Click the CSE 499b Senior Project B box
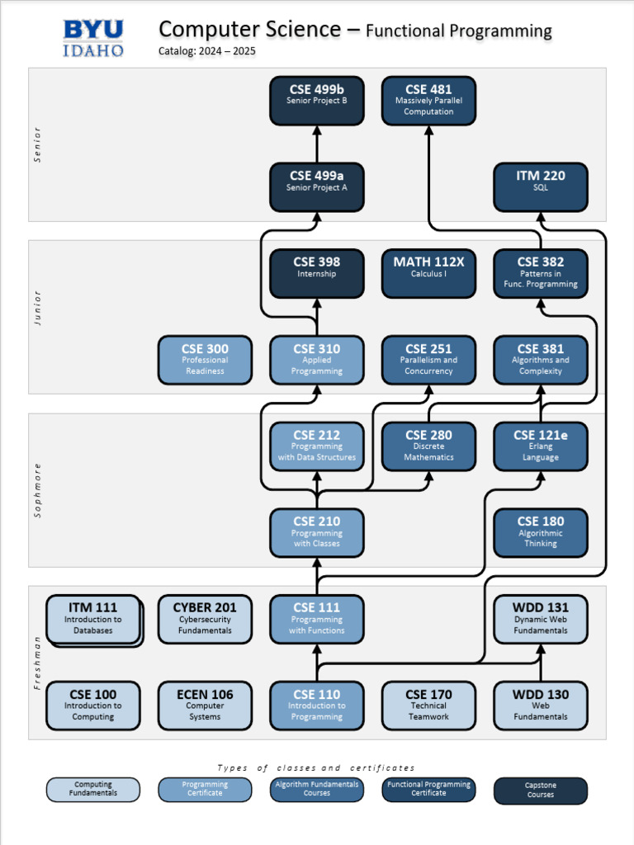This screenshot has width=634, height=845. click(317, 101)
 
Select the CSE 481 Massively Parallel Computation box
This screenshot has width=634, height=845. click(428, 101)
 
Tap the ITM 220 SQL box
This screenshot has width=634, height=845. click(541, 186)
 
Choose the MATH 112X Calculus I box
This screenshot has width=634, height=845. click(428, 273)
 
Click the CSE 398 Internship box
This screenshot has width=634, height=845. click(317, 273)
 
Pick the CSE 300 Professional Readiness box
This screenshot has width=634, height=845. click(205, 360)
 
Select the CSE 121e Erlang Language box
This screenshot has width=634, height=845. click(541, 446)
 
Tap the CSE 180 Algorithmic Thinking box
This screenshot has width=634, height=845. click(541, 532)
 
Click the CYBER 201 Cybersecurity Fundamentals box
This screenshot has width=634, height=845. click(205, 619)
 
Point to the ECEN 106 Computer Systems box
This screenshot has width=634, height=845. click(205, 706)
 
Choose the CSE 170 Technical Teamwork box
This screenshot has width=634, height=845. click(428, 706)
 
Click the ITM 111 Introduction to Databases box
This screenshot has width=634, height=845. click(93, 619)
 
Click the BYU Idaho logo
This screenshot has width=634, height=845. click(93, 38)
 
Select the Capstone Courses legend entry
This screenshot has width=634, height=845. click(541, 791)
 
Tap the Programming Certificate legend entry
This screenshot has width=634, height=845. click(205, 790)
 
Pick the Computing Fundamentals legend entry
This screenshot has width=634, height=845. click(93, 790)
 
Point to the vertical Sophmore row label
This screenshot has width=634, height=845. click(37, 490)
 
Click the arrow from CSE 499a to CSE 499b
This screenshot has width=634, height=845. click(317, 144)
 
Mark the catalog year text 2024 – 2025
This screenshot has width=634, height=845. click(207, 51)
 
